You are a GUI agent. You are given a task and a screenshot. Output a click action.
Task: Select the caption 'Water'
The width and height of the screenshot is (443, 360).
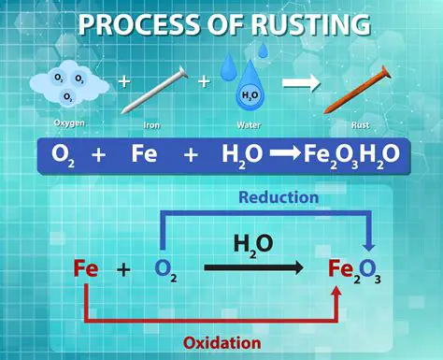click(250, 123)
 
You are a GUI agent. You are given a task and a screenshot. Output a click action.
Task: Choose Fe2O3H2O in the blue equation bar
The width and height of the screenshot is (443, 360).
click(351, 155)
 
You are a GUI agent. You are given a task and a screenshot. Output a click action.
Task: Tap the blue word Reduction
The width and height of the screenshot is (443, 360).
click(279, 197)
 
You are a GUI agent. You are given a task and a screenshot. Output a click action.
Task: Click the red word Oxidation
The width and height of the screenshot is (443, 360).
click(221, 342)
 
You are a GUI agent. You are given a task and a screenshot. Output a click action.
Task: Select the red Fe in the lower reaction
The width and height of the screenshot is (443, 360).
click(86, 269)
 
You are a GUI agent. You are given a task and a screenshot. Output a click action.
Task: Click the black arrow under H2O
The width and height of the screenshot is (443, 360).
click(253, 268)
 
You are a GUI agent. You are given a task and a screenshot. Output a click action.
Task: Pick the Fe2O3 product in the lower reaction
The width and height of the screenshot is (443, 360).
click(352, 271)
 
